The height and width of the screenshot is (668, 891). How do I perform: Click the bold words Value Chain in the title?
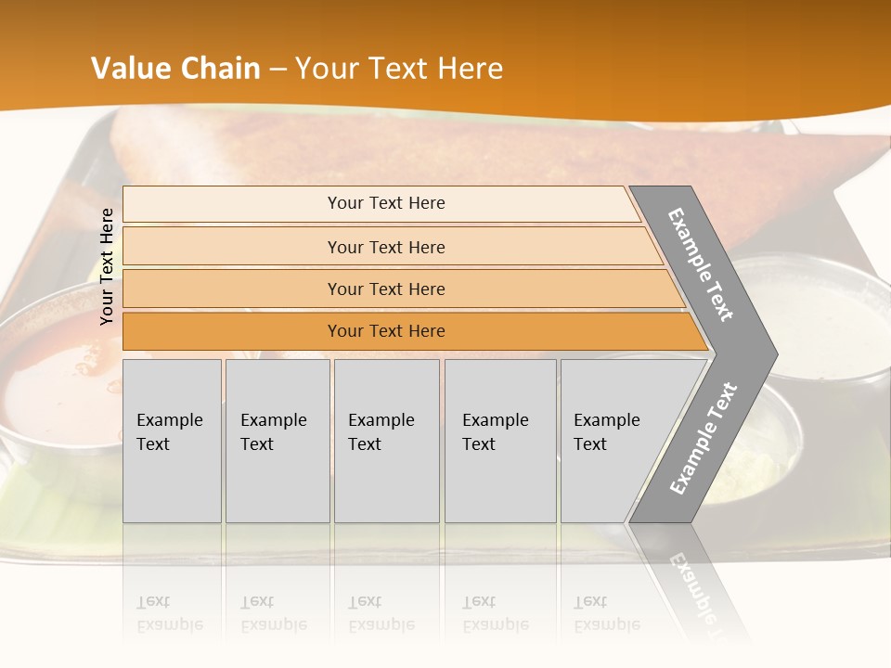(x=175, y=69)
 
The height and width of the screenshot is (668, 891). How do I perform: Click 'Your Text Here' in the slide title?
(x=399, y=69)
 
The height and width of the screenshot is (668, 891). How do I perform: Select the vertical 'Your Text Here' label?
(x=107, y=266)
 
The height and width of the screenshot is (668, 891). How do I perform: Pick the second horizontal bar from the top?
(x=385, y=247)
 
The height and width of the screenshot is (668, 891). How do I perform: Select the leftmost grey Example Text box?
(x=172, y=440)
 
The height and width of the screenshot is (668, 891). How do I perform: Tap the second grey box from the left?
(x=277, y=440)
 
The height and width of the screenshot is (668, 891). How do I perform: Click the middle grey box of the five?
(x=386, y=440)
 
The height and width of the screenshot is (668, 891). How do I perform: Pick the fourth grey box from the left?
(x=500, y=440)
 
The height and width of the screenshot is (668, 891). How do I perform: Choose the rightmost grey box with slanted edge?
(x=613, y=440)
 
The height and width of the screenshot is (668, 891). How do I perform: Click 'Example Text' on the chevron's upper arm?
(x=701, y=264)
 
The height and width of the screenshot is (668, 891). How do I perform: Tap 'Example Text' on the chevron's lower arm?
(x=704, y=438)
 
